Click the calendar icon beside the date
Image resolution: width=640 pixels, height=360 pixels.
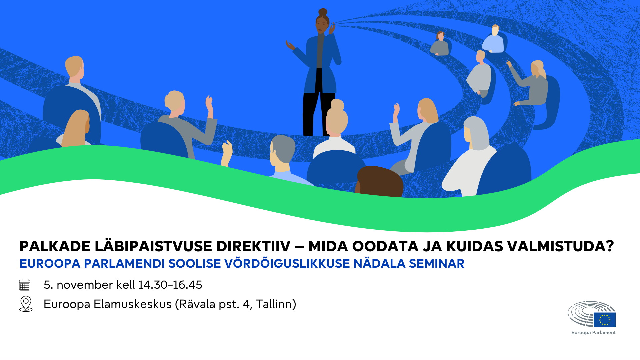click(x=25, y=285)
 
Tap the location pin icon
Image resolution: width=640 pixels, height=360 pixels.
click(x=26, y=304)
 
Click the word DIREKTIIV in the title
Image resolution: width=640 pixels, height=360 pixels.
click(x=253, y=247)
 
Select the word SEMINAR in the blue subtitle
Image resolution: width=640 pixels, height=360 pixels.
click(x=437, y=264)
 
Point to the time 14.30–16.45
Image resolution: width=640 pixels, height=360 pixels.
click(x=170, y=285)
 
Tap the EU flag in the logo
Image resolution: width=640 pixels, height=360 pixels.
click(x=605, y=320)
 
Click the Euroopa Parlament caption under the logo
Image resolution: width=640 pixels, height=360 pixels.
click(x=594, y=333)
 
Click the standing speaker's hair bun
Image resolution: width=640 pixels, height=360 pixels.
click(x=323, y=12)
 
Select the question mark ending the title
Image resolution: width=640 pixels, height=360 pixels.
click(x=610, y=247)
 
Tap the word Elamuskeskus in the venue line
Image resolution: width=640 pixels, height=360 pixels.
click(x=133, y=304)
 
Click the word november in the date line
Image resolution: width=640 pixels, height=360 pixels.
click(x=85, y=285)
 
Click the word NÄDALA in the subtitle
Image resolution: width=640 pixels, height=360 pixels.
click(x=379, y=264)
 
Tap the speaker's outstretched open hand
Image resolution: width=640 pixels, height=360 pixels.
click(x=290, y=45)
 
